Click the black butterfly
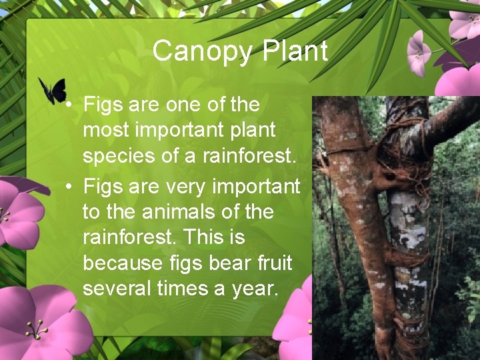(53, 89)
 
